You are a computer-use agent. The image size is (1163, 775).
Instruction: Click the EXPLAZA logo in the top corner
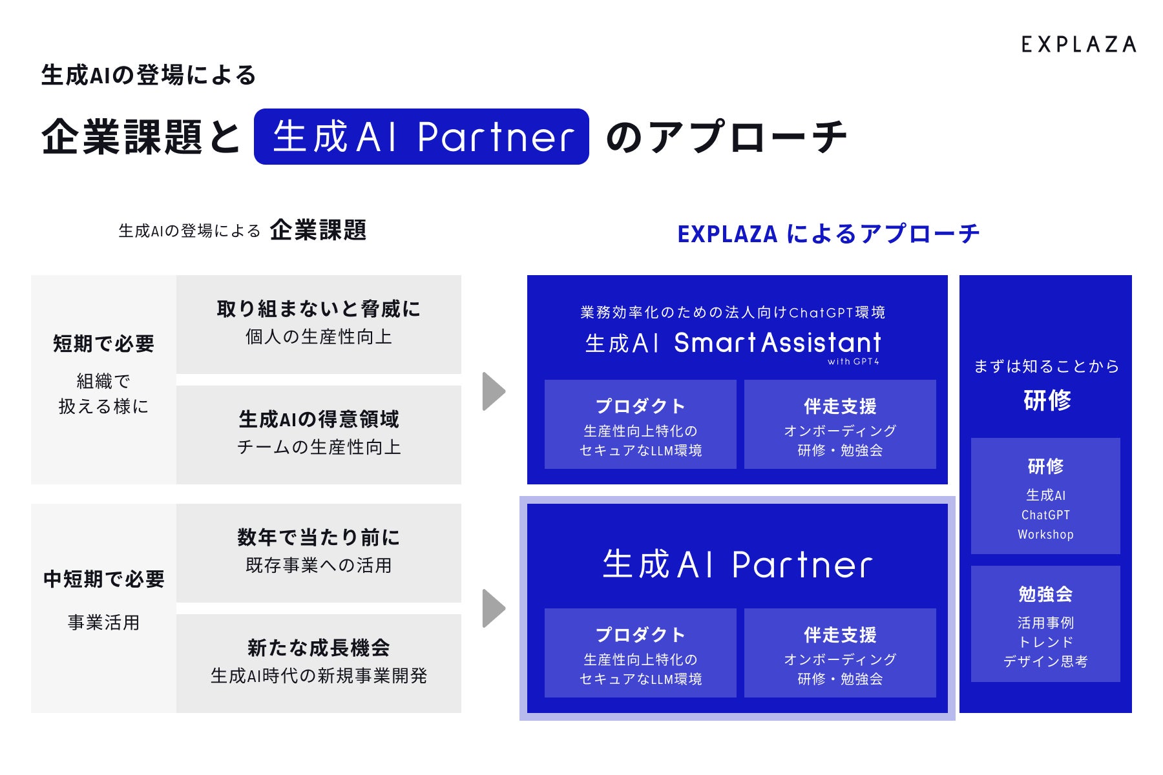point(1078,45)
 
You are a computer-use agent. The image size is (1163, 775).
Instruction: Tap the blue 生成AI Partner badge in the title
point(421,136)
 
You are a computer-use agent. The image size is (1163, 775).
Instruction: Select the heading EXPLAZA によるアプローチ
point(828,233)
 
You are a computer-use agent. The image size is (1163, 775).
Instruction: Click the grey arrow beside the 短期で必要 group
point(494,391)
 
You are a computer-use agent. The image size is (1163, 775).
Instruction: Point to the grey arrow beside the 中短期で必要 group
point(494,608)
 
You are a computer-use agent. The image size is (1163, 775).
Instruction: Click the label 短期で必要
point(103,344)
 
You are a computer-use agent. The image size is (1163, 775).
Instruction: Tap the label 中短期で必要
point(103,579)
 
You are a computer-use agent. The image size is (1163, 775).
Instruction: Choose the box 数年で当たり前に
point(319,553)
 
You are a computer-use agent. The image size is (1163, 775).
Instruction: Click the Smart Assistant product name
point(777,342)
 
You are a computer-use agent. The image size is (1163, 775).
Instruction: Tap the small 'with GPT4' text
point(853,362)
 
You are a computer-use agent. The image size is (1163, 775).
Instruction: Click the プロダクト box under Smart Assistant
point(640,424)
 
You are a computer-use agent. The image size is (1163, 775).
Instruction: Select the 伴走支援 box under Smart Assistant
point(840,424)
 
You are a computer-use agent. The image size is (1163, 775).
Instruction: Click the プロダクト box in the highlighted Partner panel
point(640,653)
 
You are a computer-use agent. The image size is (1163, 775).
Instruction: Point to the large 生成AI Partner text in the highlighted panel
point(737,564)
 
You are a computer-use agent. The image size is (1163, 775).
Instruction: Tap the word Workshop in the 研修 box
point(1045,535)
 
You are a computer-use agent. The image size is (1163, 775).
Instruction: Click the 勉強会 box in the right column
point(1045,624)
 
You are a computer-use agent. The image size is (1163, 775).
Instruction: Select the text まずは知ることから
point(1046,366)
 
